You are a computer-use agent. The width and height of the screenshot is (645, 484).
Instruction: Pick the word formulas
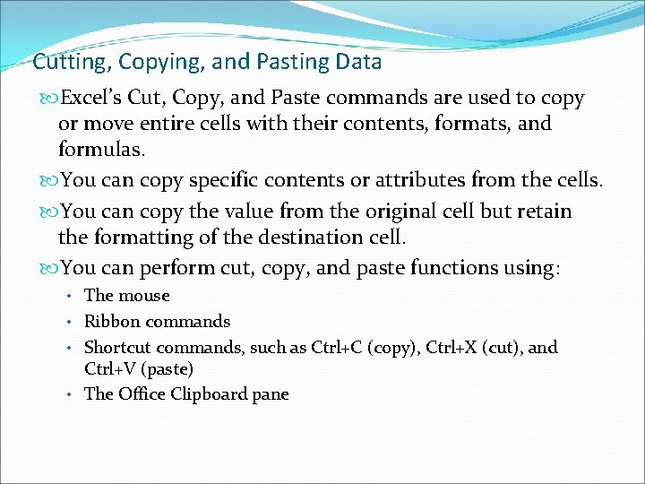(99, 148)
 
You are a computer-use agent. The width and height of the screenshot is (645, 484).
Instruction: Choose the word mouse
(143, 296)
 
